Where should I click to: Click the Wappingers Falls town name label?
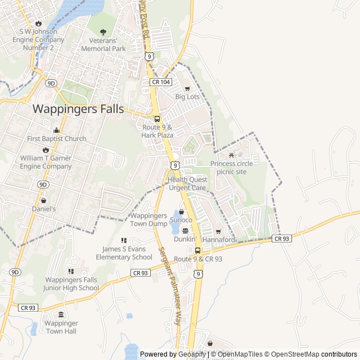pyautogui.click(x=78, y=109)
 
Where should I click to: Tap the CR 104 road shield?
pyautogui.click(x=160, y=82)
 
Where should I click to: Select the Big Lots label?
pyautogui.click(x=187, y=97)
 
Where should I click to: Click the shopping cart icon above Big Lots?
pyautogui.click(x=187, y=88)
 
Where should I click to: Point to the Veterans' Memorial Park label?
pyautogui.click(x=103, y=44)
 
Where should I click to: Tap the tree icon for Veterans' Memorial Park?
pyautogui.click(x=103, y=32)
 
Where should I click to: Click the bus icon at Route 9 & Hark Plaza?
pyautogui.click(x=157, y=119)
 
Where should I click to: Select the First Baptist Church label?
pyautogui.click(x=57, y=138)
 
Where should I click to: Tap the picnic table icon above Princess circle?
pyautogui.click(x=231, y=155)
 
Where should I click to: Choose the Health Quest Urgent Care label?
pyautogui.click(x=187, y=183)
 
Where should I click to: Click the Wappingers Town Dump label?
pyautogui.click(x=149, y=219)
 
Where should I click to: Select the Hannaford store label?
pyautogui.click(x=218, y=240)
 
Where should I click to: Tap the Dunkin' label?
pyautogui.click(x=184, y=238)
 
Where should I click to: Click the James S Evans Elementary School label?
pyautogui.click(x=124, y=253)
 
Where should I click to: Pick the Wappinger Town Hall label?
pyautogui.click(x=62, y=327)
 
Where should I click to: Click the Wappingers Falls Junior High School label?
pyautogui.click(x=71, y=284)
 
